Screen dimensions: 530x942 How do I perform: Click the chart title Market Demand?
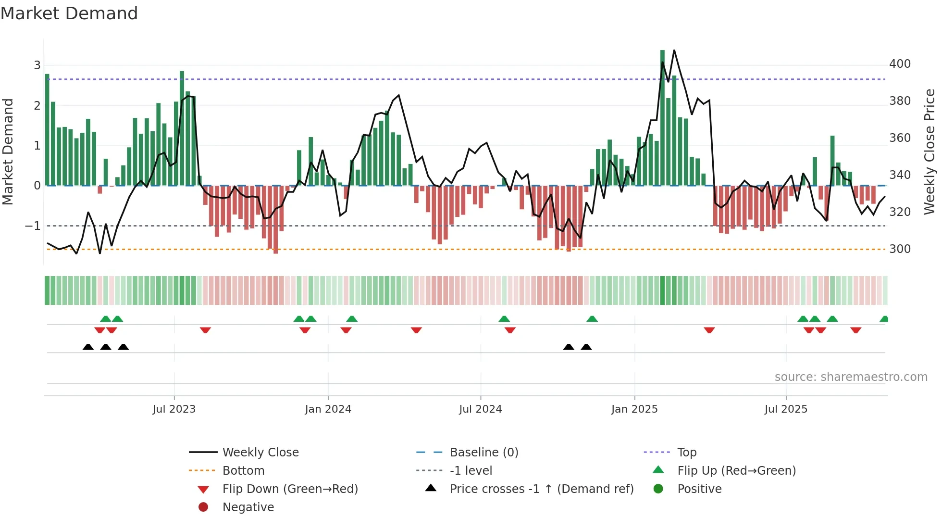point(69,13)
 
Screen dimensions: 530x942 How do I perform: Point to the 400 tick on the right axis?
point(900,64)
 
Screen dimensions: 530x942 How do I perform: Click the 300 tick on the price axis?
point(900,249)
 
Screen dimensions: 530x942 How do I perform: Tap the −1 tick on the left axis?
point(33,226)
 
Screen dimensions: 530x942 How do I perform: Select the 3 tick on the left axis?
point(37,65)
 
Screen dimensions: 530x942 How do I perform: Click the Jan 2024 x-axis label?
point(328,409)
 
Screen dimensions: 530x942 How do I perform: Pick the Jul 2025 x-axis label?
point(786,409)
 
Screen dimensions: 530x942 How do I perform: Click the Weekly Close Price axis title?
point(930,151)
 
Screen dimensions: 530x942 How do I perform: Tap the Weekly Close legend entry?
point(260,453)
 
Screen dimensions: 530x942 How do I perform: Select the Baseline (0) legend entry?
point(483,453)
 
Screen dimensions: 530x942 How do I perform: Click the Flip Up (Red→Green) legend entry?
point(736,471)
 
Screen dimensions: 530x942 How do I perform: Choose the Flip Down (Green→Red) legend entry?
point(290,489)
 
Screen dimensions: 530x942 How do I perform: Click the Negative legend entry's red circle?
point(203,507)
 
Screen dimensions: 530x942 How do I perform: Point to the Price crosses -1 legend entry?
point(541,489)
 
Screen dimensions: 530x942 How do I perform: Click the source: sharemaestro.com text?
point(851,377)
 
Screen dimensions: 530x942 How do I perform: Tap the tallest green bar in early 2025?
point(662,118)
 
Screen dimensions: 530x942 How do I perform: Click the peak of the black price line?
point(674,50)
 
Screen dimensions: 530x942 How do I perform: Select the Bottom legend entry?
point(243,471)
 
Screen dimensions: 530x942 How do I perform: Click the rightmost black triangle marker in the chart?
point(586,347)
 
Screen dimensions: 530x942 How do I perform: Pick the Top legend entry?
point(686,453)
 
